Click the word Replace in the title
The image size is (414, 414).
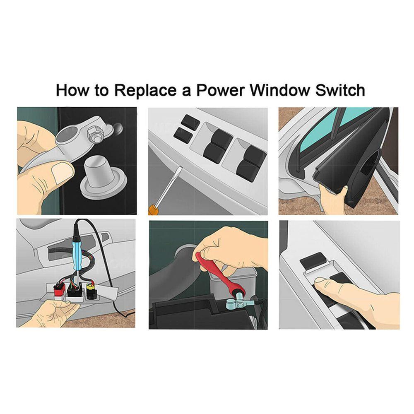(x=145, y=91)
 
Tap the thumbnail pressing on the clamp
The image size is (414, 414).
(x=63, y=172)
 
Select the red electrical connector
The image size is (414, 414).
(x=60, y=290)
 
